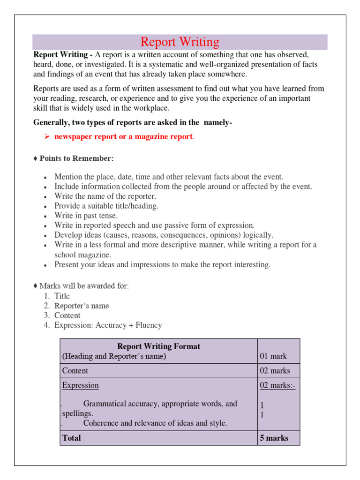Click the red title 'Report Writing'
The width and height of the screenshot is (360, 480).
tap(180, 42)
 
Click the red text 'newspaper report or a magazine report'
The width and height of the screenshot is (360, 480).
tap(123, 137)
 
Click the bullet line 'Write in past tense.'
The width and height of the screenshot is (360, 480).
tap(86, 216)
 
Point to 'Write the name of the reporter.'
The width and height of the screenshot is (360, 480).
tap(105, 196)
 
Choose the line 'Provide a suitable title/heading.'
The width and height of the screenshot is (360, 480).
tap(106, 206)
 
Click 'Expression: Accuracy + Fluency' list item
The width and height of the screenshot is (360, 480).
tap(108, 325)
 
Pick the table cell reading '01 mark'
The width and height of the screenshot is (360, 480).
tap(273, 356)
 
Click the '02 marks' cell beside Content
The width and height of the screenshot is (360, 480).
tap(275, 371)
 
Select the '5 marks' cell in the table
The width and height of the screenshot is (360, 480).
tap(274, 438)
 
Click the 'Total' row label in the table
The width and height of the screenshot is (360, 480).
tap(71, 438)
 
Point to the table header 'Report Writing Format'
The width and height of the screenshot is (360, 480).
tap(158, 346)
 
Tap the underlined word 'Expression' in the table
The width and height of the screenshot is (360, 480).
tap(81, 385)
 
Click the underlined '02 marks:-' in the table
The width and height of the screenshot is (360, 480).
tap(277, 385)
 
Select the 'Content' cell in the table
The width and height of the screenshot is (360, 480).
tap(75, 371)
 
